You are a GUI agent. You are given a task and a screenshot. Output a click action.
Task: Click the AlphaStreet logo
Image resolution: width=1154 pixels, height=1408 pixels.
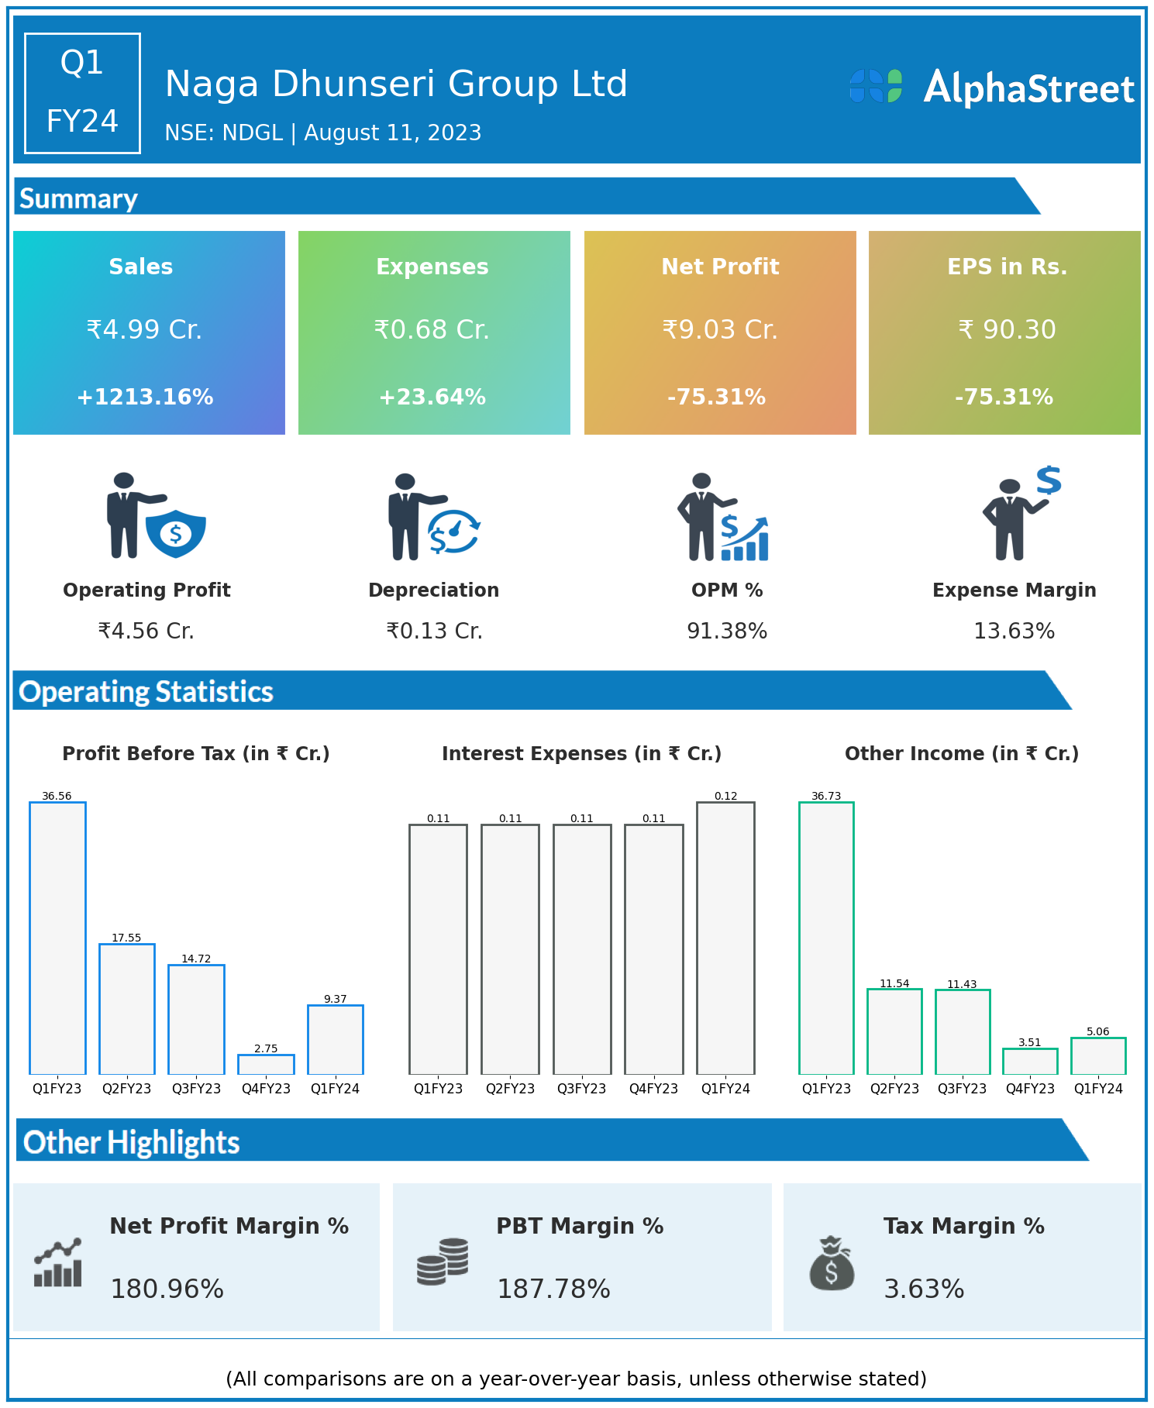pos(991,88)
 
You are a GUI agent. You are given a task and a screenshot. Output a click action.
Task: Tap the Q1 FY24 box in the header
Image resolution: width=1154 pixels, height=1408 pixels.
pos(82,93)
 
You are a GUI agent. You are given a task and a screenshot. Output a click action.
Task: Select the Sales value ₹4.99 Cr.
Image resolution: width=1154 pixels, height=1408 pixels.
pos(144,330)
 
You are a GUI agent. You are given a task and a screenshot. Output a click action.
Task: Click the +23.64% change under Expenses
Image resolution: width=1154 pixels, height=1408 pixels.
pos(432,398)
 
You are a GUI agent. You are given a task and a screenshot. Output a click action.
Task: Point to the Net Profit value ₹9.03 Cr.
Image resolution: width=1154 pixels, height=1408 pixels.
pos(719,330)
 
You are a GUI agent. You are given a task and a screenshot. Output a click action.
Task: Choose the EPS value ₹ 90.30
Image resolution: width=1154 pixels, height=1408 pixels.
pos(1007,330)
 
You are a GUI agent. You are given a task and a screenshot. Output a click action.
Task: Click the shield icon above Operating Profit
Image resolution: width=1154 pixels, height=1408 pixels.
pos(176,533)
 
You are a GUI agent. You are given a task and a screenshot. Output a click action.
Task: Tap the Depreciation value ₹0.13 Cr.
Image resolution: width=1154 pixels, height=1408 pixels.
pos(434,632)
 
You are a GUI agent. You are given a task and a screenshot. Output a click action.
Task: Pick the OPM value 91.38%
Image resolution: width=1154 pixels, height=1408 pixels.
pos(727,632)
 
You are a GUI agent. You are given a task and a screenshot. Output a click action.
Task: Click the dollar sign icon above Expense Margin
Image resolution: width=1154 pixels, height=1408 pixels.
pos(1049,480)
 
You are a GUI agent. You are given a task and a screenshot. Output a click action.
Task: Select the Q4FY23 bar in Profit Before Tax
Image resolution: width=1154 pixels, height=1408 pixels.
pos(266,1064)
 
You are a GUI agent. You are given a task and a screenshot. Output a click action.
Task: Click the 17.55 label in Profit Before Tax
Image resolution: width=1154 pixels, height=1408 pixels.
pos(126,938)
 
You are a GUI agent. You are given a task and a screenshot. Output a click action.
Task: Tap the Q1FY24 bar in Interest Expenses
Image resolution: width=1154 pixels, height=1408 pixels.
pos(725,938)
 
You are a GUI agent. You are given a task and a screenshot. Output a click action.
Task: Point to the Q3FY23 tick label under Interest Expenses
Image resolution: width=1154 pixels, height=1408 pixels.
pos(581,1089)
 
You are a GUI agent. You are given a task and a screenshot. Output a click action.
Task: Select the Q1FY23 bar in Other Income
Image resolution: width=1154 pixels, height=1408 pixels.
pos(826,938)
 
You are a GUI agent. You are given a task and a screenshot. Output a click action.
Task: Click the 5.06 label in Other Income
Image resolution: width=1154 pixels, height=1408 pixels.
pos(1097,1031)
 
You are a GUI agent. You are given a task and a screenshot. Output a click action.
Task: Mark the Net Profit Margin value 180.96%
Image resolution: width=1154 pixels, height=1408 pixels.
pos(167,1289)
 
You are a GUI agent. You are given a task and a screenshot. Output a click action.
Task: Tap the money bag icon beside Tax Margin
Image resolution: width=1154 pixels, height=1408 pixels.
pos(832,1263)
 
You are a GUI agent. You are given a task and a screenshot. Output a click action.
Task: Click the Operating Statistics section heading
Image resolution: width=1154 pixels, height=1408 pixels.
pos(146,691)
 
